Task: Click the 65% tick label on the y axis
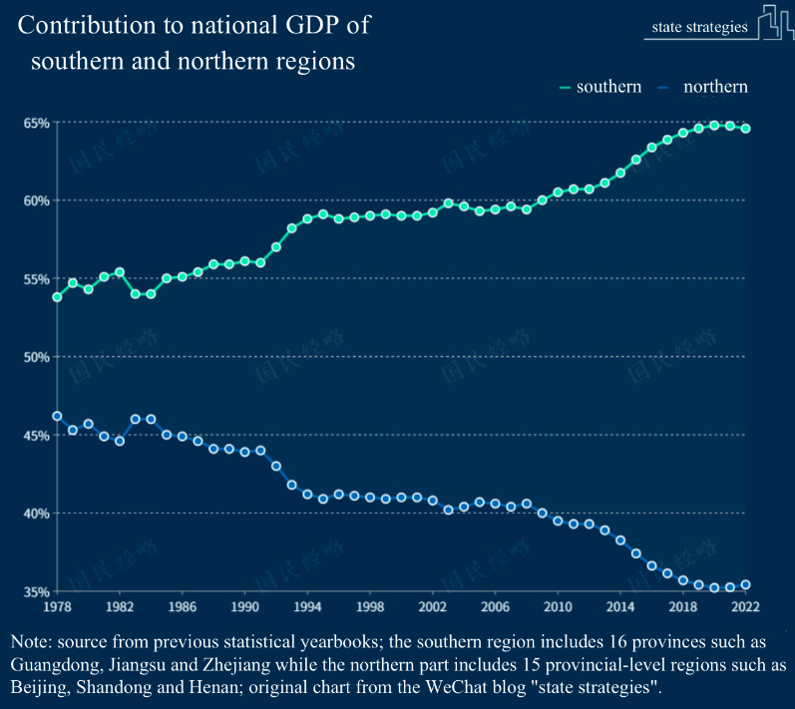point(36,123)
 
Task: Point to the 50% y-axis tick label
point(36,357)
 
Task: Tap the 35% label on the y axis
point(36,591)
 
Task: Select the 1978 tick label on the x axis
point(57,606)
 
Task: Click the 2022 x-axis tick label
point(745,606)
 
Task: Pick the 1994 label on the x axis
point(307,606)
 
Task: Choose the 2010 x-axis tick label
point(558,606)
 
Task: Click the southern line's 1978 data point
point(57,297)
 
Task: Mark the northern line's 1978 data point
point(57,416)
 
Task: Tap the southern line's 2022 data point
point(745,129)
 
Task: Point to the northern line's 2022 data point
point(745,584)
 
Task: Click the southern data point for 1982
point(120,272)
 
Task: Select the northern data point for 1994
point(307,495)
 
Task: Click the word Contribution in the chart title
point(85,23)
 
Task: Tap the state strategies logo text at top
point(698,27)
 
